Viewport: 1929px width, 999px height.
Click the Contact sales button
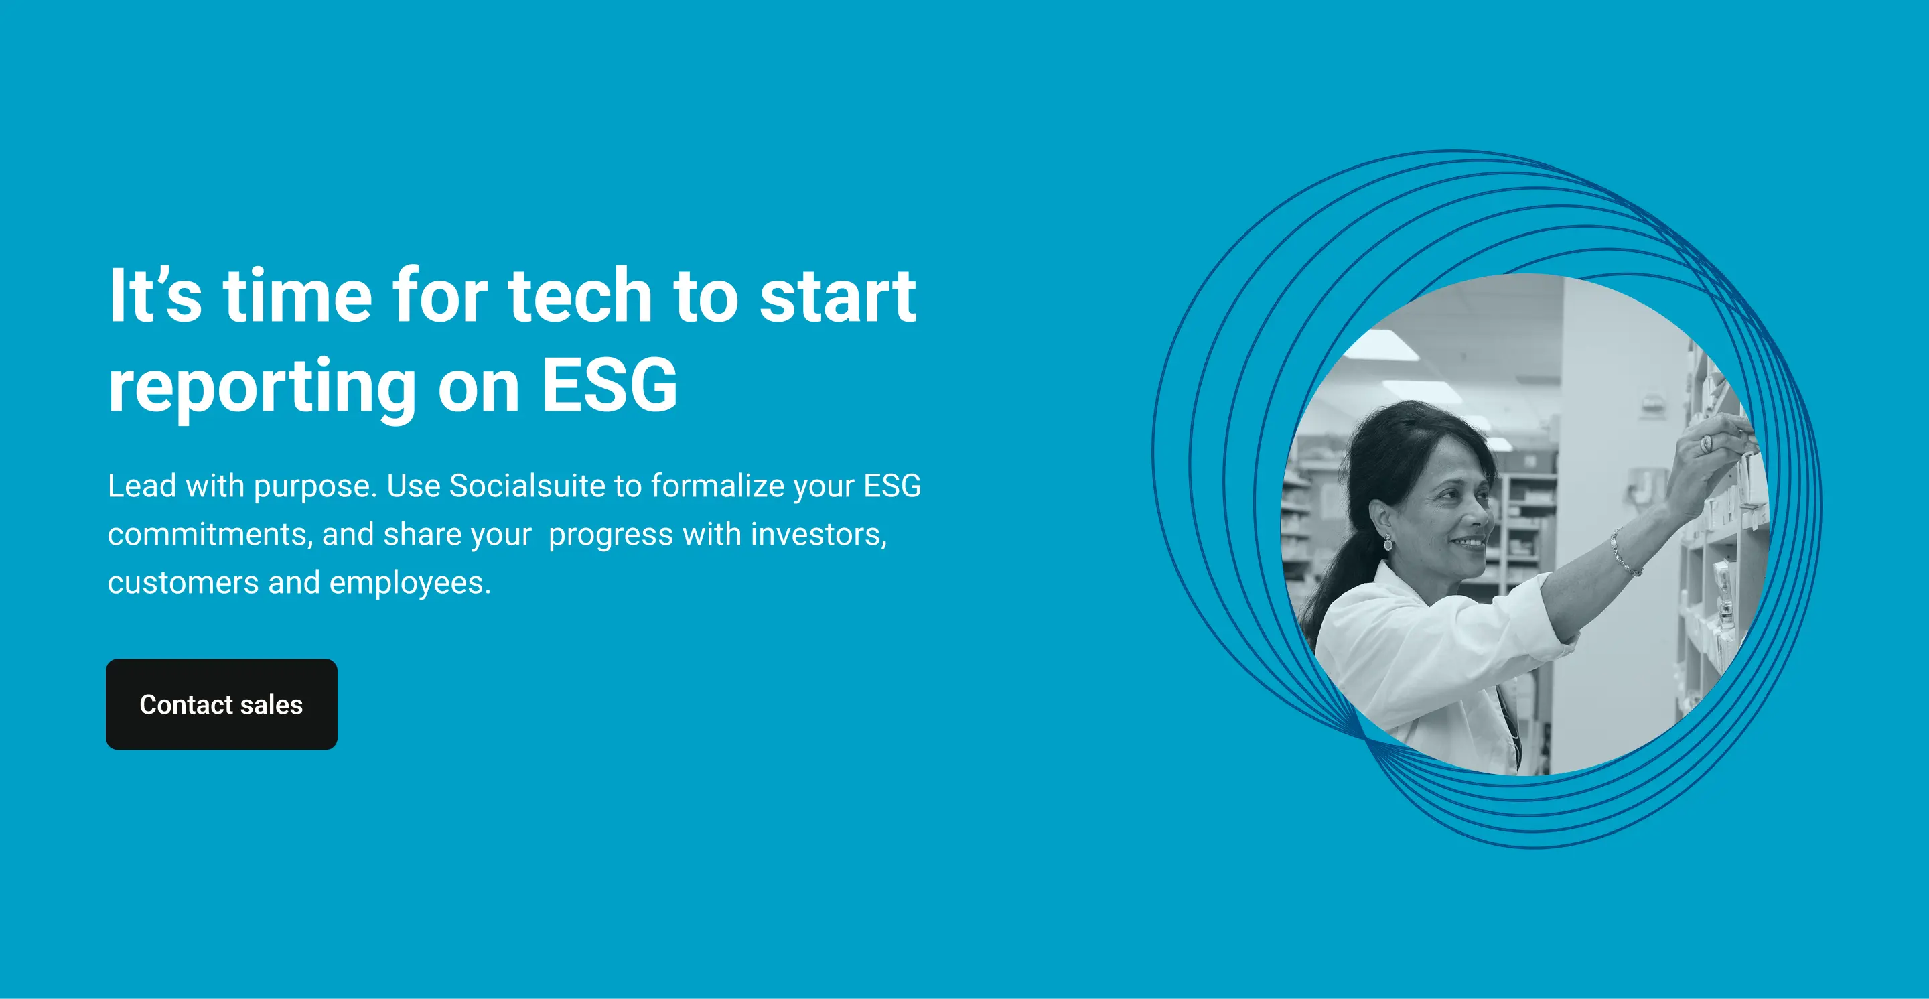click(222, 704)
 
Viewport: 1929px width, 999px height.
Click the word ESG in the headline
click(609, 385)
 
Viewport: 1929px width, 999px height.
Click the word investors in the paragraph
click(818, 535)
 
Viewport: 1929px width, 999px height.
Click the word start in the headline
click(838, 297)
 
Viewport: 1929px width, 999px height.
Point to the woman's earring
click(1388, 542)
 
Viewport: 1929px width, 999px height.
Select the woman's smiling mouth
click(1468, 541)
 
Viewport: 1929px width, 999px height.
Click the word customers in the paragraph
click(183, 584)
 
